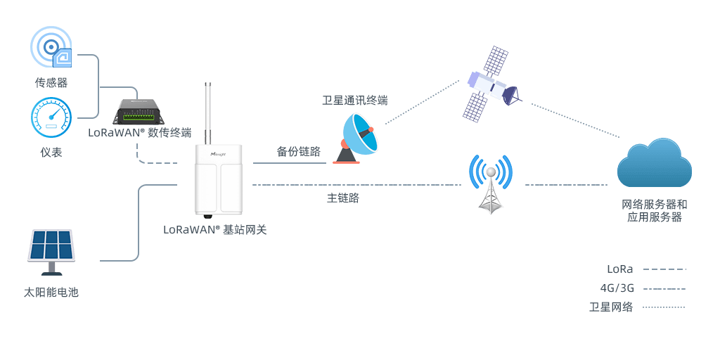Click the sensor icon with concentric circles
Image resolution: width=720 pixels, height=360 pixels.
(x=51, y=47)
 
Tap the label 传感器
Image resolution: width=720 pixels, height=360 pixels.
(x=51, y=82)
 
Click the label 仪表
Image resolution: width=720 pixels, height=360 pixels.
(x=51, y=152)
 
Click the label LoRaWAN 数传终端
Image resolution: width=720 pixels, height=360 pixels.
(x=140, y=132)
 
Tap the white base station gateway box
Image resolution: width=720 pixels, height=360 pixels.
(x=219, y=179)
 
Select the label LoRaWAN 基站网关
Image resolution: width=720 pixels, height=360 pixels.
(x=215, y=229)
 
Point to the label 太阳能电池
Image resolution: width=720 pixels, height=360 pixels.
(x=51, y=292)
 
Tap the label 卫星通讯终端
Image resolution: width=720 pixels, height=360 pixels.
(x=354, y=101)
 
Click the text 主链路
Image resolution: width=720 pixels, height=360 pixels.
(x=343, y=198)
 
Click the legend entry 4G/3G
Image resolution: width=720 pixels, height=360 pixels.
(x=615, y=288)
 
